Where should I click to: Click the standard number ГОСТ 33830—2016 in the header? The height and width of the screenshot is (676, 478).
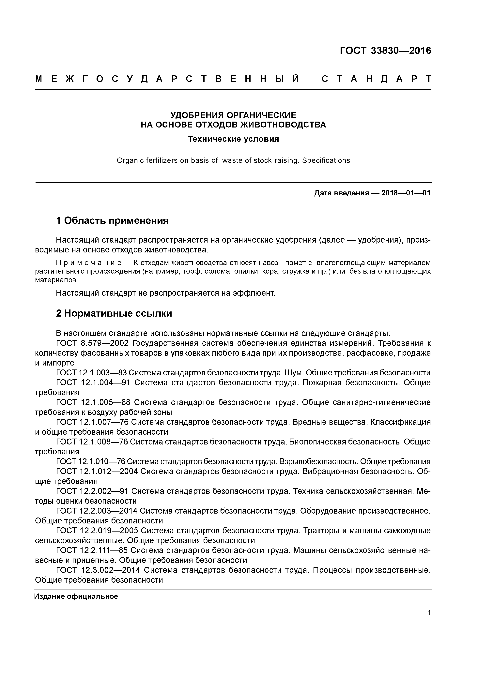pyautogui.click(x=385, y=51)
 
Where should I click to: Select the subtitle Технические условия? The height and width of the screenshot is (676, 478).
pyautogui.click(x=233, y=139)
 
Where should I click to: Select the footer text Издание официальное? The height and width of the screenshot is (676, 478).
pyautogui.click(x=76, y=596)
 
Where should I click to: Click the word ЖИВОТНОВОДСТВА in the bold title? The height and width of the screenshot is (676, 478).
pyautogui.click(x=283, y=125)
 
